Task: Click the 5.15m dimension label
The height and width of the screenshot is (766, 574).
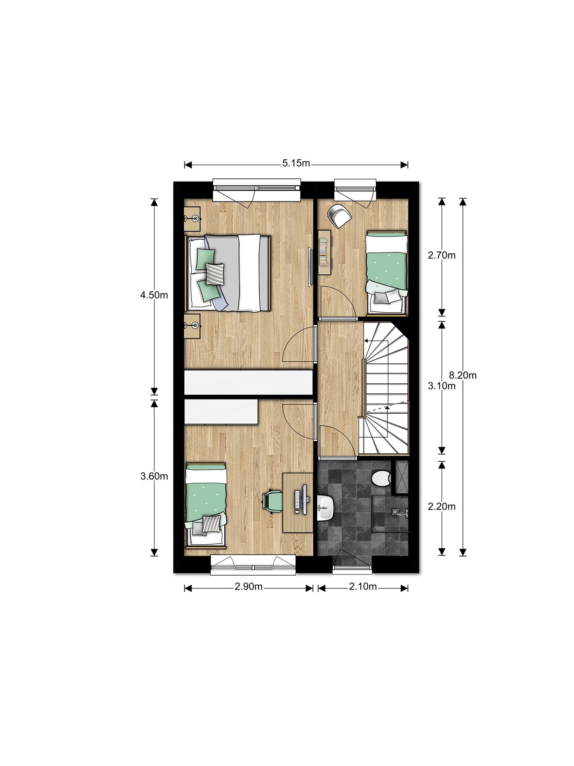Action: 296,163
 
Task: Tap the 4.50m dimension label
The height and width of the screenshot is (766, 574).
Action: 154,295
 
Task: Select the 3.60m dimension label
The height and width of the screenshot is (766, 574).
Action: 154,476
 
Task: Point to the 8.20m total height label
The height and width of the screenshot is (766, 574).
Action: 463,375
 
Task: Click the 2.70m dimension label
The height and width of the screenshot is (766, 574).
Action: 442,255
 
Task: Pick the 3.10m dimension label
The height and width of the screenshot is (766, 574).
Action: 442,386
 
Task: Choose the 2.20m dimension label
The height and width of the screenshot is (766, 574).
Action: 442,506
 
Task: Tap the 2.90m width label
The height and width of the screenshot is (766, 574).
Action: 249,587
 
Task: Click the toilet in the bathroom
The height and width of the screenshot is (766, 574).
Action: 382,478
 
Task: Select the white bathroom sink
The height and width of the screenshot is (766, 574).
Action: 325,508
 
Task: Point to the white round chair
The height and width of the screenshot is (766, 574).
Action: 339,216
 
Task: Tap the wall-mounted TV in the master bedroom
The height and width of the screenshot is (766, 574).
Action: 310,267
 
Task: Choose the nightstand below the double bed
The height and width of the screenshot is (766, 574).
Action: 193,326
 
